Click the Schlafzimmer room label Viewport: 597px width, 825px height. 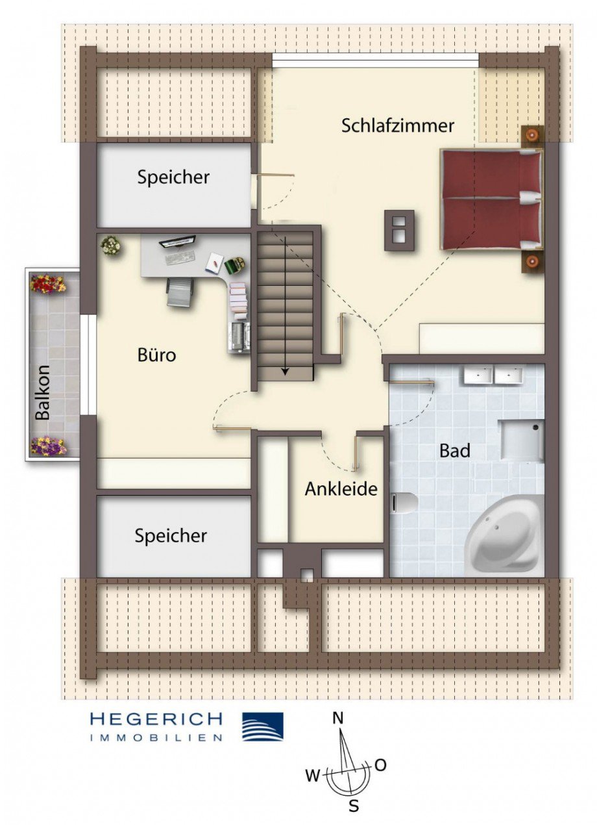(x=398, y=125)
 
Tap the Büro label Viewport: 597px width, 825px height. (x=156, y=355)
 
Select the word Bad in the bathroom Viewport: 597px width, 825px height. (x=455, y=450)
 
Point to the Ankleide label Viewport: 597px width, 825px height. (x=341, y=489)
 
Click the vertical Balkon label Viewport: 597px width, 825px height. (x=43, y=392)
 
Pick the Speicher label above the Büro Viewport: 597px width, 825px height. (x=173, y=177)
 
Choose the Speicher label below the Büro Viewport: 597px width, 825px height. (x=171, y=536)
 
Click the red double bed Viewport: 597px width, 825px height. (x=492, y=199)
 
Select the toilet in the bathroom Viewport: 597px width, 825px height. (x=406, y=502)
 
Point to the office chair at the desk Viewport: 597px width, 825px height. (x=180, y=292)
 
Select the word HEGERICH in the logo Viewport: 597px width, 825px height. (x=156, y=719)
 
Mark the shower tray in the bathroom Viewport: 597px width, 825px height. (x=521, y=440)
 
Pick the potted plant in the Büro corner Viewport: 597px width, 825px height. (x=111, y=246)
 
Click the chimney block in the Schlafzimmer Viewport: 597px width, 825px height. (x=399, y=231)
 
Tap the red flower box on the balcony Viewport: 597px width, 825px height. (x=48, y=284)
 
